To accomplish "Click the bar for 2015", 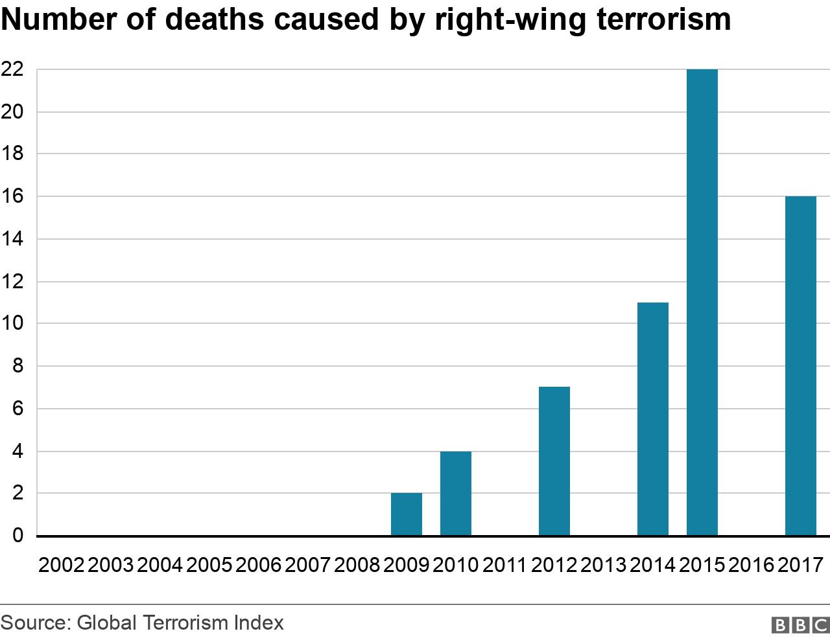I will click(x=702, y=303).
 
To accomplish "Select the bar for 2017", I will click(x=801, y=366).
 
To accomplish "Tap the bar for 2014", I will click(x=653, y=419).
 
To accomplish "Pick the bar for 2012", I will click(x=554, y=461).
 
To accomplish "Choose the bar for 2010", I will click(x=456, y=494).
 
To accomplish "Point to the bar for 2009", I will click(x=407, y=514).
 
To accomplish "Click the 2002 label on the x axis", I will click(x=62, y=565).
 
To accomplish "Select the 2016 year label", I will click(x=752, y=565).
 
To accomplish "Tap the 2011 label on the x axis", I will click(x=505, y=565).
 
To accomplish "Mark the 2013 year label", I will click(x=604, y=565).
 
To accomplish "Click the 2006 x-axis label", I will click(x=259, y=565).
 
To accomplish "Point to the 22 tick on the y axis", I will click(x=12, y=69).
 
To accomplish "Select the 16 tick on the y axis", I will click(x=12, y=196).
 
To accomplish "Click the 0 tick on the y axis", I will click(x=18, y=536).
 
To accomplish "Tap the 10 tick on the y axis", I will click(x=12, y=324).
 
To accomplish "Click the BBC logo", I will click(x=800, y=624).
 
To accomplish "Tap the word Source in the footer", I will click(x=34, y=623).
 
